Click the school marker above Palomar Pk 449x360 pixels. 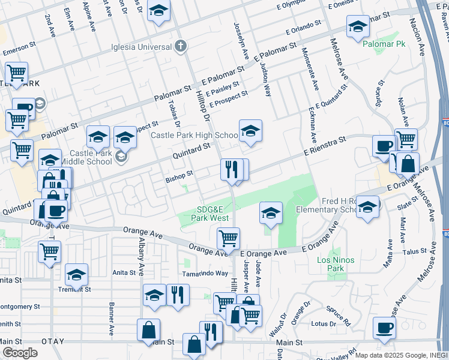[357, 26]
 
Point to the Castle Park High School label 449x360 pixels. [193, 136]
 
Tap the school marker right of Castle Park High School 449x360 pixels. [250, 130]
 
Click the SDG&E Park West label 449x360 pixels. [210, 213]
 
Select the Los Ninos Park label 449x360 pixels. [336, 264]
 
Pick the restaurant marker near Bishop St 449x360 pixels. [232, 169]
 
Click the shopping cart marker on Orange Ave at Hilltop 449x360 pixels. [228, 238]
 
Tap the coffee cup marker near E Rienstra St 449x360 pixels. [384, 146]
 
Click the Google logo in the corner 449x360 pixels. [20, 353]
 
